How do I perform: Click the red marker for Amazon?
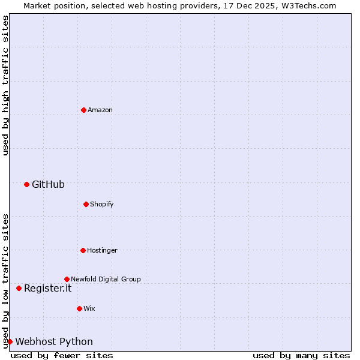[83, 110]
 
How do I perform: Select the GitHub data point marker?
[26, 184]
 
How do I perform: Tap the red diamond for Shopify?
[86, 204]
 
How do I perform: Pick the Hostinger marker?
[83, 250]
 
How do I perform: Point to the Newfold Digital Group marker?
[67, 279]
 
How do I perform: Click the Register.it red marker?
[19, 288]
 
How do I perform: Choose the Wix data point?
[79, 308]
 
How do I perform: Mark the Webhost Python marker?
[10, 341]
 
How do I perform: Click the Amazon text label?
[100, 110]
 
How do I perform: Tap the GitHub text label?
[48, 184]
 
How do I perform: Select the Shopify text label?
[102, 204]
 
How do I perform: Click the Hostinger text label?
[102, 250]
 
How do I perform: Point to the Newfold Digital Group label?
[106, 279]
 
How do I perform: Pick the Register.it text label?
[47, 288]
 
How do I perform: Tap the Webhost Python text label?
[54, 341]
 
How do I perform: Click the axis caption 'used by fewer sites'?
[62, 355]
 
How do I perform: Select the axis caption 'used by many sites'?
[301, 355]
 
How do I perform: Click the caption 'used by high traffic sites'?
[5, 85]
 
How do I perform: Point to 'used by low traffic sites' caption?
[5, 281]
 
